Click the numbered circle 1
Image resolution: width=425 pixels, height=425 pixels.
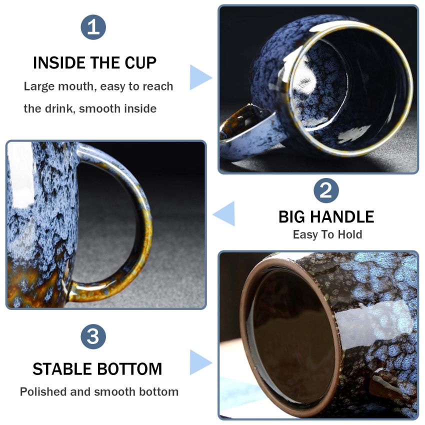pyautogui.click(x=93, y=27)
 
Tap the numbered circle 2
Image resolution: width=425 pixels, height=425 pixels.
pyautogui.click(x=326, y=190)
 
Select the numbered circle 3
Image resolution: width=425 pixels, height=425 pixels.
pyautogui.click(x=93, y=336)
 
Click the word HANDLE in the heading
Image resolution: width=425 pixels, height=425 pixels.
pyautogui.click(x=342, y=217)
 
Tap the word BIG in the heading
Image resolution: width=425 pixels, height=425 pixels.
pyautogui.click(x=291, y=217)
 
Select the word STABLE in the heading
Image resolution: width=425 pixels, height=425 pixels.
pyautogui.click(x=62, y=369)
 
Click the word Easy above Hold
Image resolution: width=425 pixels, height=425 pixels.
pyautogui.click(x=304, y=234)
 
